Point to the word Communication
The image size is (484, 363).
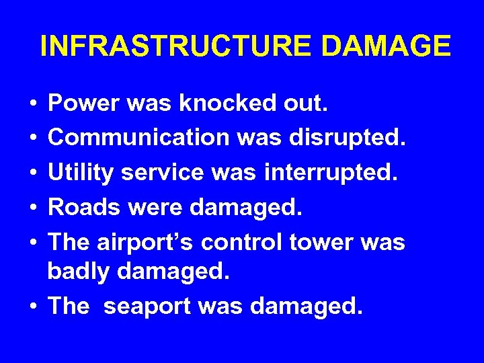pos(138,138)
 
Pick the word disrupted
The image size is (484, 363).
pos(348,138)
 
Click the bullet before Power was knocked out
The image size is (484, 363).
pos(33,104)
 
